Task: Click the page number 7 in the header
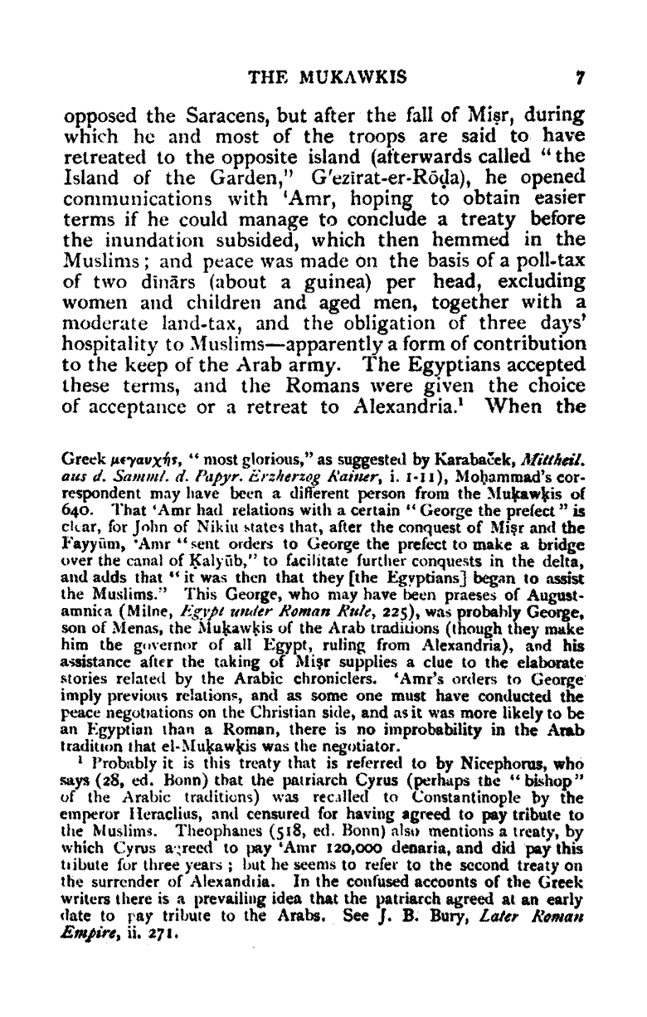pyautogui.click(x=583, y=79)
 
